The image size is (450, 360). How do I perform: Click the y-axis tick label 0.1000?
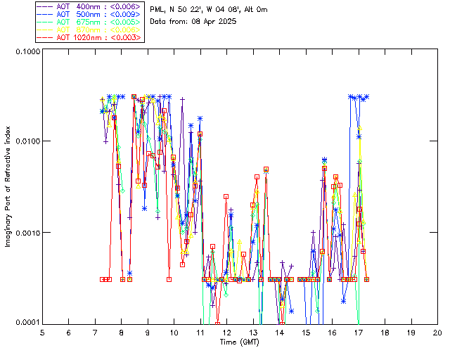coord(27,51)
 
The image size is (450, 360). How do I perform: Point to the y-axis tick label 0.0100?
coord(27,141)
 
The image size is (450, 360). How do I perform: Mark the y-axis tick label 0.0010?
coord(27,232)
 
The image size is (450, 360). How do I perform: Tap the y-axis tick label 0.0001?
coord(27,322)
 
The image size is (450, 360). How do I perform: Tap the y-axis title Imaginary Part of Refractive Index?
coord(9,186)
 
